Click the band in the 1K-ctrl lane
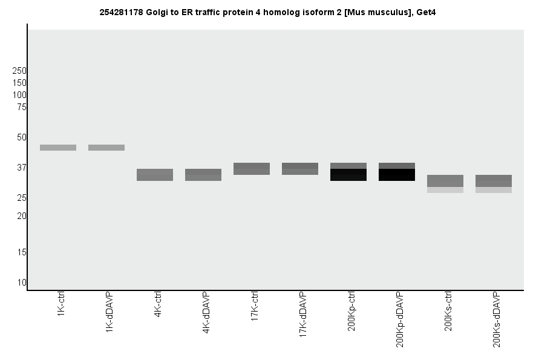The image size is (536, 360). tap(58, 148)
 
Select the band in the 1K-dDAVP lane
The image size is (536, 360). tap(106, 148)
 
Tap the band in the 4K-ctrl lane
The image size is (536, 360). tap(155, 175)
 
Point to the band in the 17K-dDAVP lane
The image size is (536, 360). tap(300, 169)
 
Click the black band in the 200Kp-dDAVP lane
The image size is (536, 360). tap(397, 175)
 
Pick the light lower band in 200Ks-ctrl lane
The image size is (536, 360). tap(445, 190)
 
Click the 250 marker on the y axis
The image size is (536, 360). tap(19, 71)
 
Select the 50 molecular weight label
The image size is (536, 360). tap(22, 137)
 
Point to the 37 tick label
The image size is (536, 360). tap(22, 168)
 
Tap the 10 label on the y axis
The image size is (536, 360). tap(22, 283)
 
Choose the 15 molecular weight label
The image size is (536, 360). tap(22, 252)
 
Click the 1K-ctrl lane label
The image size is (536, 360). tap(61, 306)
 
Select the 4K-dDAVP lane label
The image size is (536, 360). tap(206, 313)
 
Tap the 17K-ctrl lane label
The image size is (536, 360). tap(255, 307)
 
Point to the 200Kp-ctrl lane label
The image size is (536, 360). tap(351, 311)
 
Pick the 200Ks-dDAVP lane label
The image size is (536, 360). tap(497, 319)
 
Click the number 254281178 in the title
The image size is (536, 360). tap(122, 12)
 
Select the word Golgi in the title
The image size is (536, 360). tap(157, 12)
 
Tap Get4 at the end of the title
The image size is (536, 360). tap(426, 12)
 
